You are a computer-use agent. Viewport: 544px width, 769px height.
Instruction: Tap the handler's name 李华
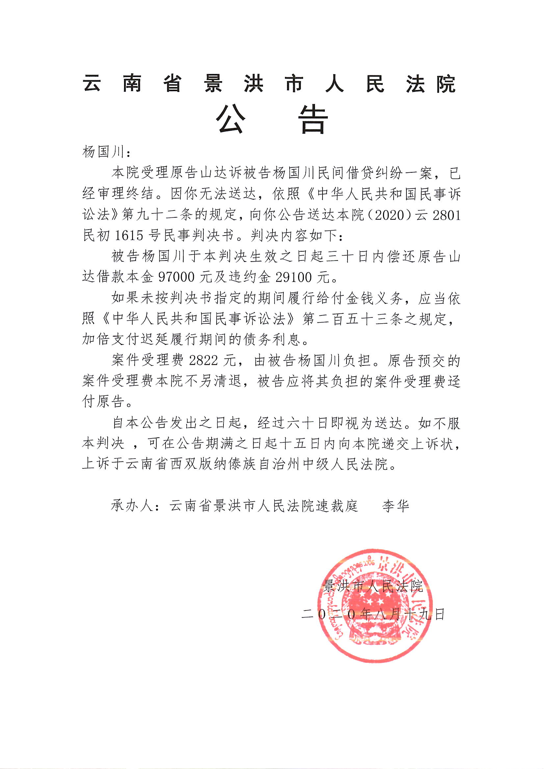[396, 506]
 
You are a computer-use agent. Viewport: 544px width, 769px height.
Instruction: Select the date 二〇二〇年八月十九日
[373, 614]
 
